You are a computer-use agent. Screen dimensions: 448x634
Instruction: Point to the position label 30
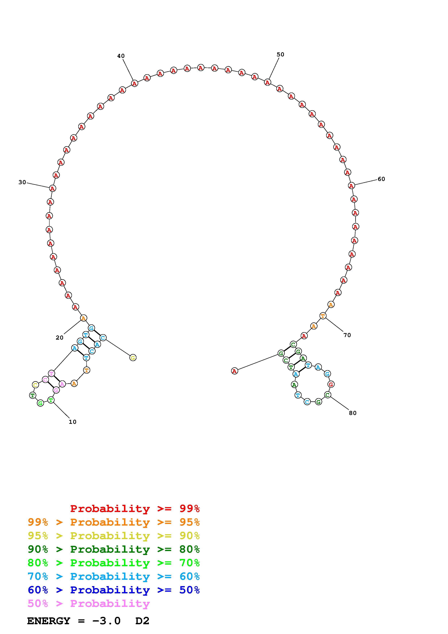click(22, 182)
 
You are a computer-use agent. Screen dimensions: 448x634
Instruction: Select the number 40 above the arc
click(121, 56)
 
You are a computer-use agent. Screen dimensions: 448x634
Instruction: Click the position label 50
click(280, 54)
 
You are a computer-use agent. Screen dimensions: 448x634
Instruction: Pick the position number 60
click(381, 179)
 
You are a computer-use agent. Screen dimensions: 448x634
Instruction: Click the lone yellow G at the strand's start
click(133, 358)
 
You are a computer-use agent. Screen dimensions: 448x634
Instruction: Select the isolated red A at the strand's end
click(234, 371)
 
